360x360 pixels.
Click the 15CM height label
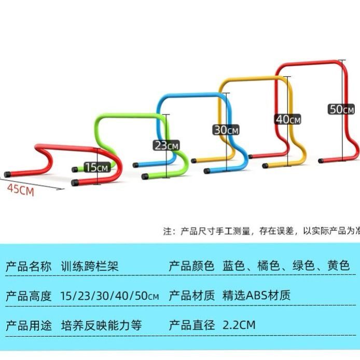(97, 167)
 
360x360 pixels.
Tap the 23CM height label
(165, 145)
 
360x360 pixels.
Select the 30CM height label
(226, 130)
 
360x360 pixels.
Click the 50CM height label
(341, 109)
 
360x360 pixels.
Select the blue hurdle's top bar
(192, 96)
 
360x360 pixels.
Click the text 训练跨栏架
(89, 267)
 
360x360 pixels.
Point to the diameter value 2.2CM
(239, 326)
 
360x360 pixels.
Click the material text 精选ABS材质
(256, 296)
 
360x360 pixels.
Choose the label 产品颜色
(191, 267)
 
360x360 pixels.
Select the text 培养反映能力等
(101, 326)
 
